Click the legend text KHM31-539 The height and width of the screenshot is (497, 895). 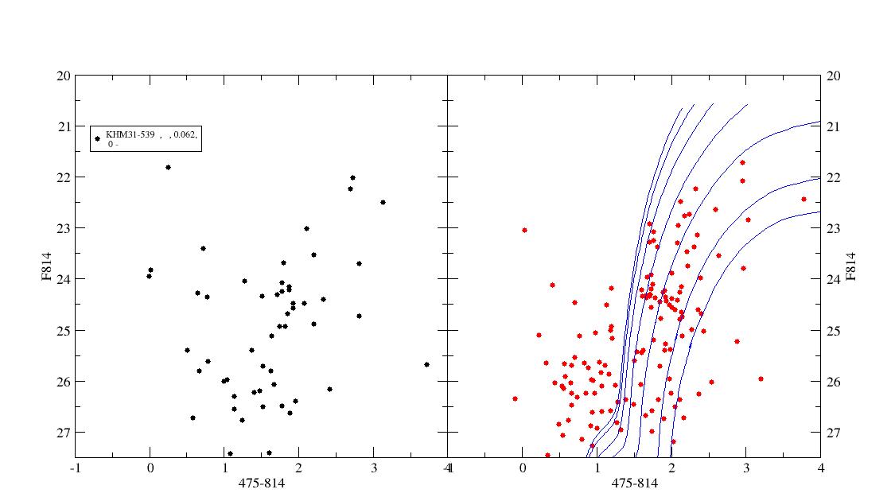click(x=130, y=134)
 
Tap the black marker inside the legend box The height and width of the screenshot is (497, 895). click(x=97, y=138)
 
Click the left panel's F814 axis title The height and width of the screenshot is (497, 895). click(x=46, y=266)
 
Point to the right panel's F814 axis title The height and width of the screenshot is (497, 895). click(x=850, y=266)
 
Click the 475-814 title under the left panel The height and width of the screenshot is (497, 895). click(x=262, y=483)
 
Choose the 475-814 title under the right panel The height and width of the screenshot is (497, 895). click(x=635, y=483)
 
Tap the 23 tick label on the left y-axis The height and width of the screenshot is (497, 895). click(x=64, y=228)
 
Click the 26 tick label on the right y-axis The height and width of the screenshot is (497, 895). click(x=834, y=382)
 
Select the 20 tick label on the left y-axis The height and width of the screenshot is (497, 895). click(x=64, y=76)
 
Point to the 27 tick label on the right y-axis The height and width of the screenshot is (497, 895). click(x=834, y=433)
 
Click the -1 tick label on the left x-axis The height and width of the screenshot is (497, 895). click(x=75, y=468)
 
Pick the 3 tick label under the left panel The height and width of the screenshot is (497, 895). click(x=373, y=468)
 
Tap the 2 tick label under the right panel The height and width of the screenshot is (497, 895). click(x=671, y=468)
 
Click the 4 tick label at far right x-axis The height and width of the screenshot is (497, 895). click(x=821, y=468)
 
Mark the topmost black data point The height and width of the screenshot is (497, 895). click(x=168, y=167)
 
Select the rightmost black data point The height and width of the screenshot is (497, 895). click(x=426, y=365)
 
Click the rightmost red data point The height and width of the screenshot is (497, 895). click(x=804, y=199)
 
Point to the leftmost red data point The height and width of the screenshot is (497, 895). click(x=515, y=399)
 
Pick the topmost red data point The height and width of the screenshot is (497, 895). click(x=742, y=163)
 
